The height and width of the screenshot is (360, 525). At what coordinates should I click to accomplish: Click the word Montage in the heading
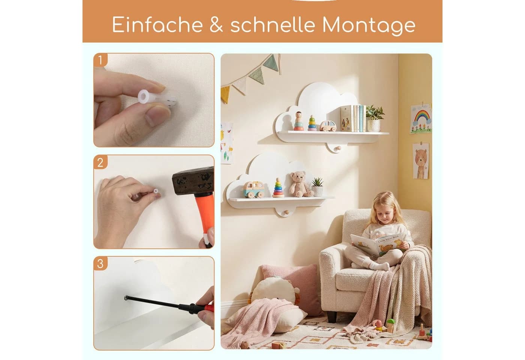click(x=369, y=25)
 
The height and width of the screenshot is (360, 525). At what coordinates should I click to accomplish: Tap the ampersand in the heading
click(x=216, y=24)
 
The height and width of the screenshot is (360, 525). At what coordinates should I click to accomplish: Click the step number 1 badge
click(x=100, y=60)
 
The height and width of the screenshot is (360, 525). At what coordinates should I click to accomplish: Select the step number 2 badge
click(x=100, y=162)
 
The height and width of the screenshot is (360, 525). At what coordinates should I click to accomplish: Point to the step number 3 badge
click(x=100, y=263)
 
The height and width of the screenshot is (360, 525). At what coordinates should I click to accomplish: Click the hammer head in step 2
click(x=193, y=180)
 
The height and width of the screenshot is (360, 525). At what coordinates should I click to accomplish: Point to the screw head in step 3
click(x=126, y=298)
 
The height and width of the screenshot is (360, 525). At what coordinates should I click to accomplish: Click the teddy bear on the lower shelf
click(x=300, y=184)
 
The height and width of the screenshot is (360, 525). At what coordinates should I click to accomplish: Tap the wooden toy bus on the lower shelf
click(x=253, y=189)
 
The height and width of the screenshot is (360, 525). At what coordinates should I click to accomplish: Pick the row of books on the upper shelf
click(x=353, y=118)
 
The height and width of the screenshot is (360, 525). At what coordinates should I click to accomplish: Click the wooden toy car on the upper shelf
click(x=328, y=126)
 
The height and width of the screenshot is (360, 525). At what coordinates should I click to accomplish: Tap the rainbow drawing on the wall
click(x=421, y=118)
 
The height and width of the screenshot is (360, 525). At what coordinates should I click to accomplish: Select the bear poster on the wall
click(x=421, y=161)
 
